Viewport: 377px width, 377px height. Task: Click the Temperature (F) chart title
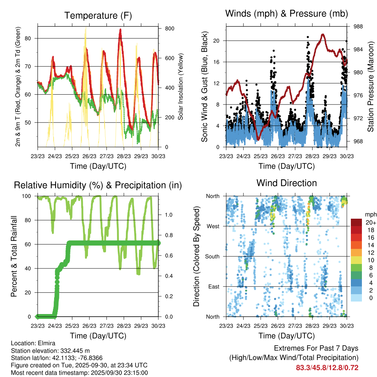(x=98, y=15)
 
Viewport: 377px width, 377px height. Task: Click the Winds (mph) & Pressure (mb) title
(x=286, y=14)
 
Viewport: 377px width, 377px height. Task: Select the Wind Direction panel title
(x=286, y=183)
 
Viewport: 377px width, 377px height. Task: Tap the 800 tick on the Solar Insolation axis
(x=169, y=28)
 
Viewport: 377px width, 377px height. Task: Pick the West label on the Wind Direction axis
(x=213, y=226)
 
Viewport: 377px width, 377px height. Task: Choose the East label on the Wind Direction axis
(x=214, y=286)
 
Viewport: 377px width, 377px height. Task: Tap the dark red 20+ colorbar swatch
(x=356, y=222)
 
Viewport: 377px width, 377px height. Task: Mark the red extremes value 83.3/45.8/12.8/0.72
(x=327, y=367)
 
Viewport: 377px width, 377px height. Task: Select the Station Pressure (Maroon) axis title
(x=371, y=87)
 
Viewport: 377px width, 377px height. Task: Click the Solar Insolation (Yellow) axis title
(x=181, y=87)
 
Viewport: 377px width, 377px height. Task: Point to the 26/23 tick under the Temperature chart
(x=89, y=155)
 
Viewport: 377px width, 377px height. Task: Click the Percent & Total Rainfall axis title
(x=15, y=256)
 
